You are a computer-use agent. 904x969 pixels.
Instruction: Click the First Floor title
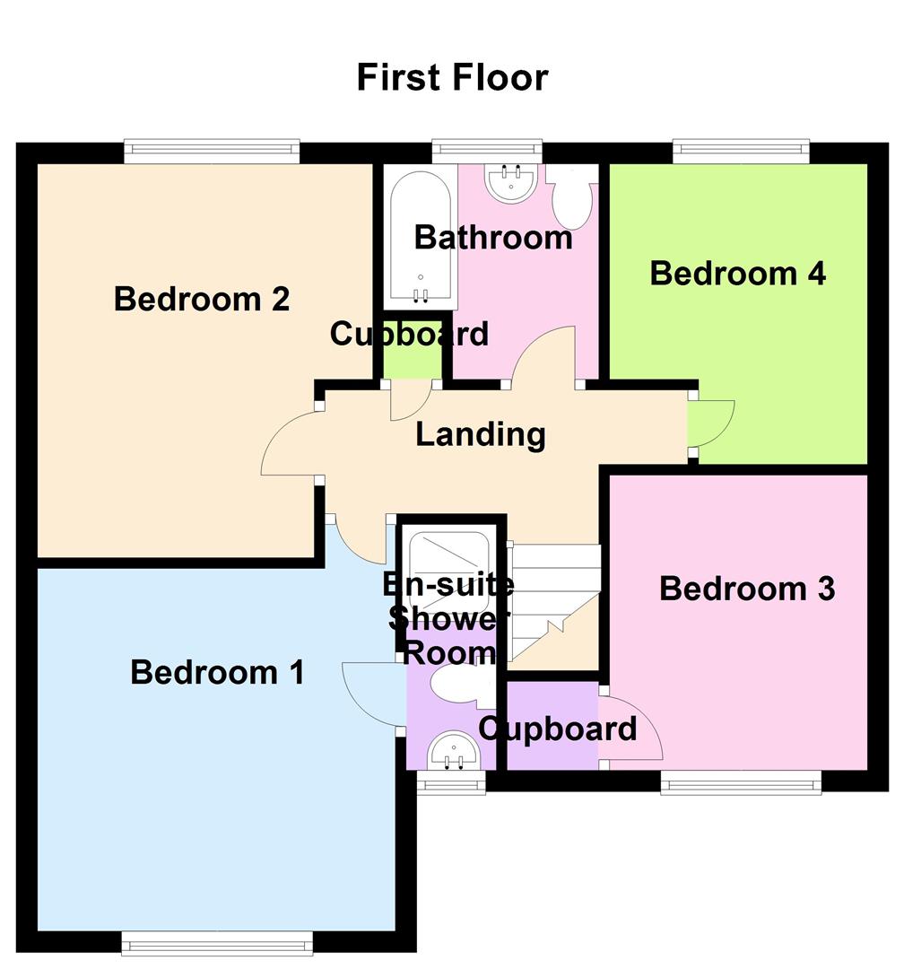(452, 77)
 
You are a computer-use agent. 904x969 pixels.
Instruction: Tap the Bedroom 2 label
(202, 299)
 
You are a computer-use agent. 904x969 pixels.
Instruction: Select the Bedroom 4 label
(737, 273)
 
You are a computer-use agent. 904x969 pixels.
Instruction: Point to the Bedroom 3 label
(747, 589)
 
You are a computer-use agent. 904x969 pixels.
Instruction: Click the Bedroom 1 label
(218, 672)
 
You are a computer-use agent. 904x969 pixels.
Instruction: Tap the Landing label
(481, 435)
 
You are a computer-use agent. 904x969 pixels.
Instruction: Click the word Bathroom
(492, 238)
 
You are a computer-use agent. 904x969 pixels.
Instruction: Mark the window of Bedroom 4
(741, 151)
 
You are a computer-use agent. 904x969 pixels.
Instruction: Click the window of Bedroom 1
(217, 941)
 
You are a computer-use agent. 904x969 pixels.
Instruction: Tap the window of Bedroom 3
(742, 784)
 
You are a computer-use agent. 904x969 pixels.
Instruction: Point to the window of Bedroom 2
(212, 151)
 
